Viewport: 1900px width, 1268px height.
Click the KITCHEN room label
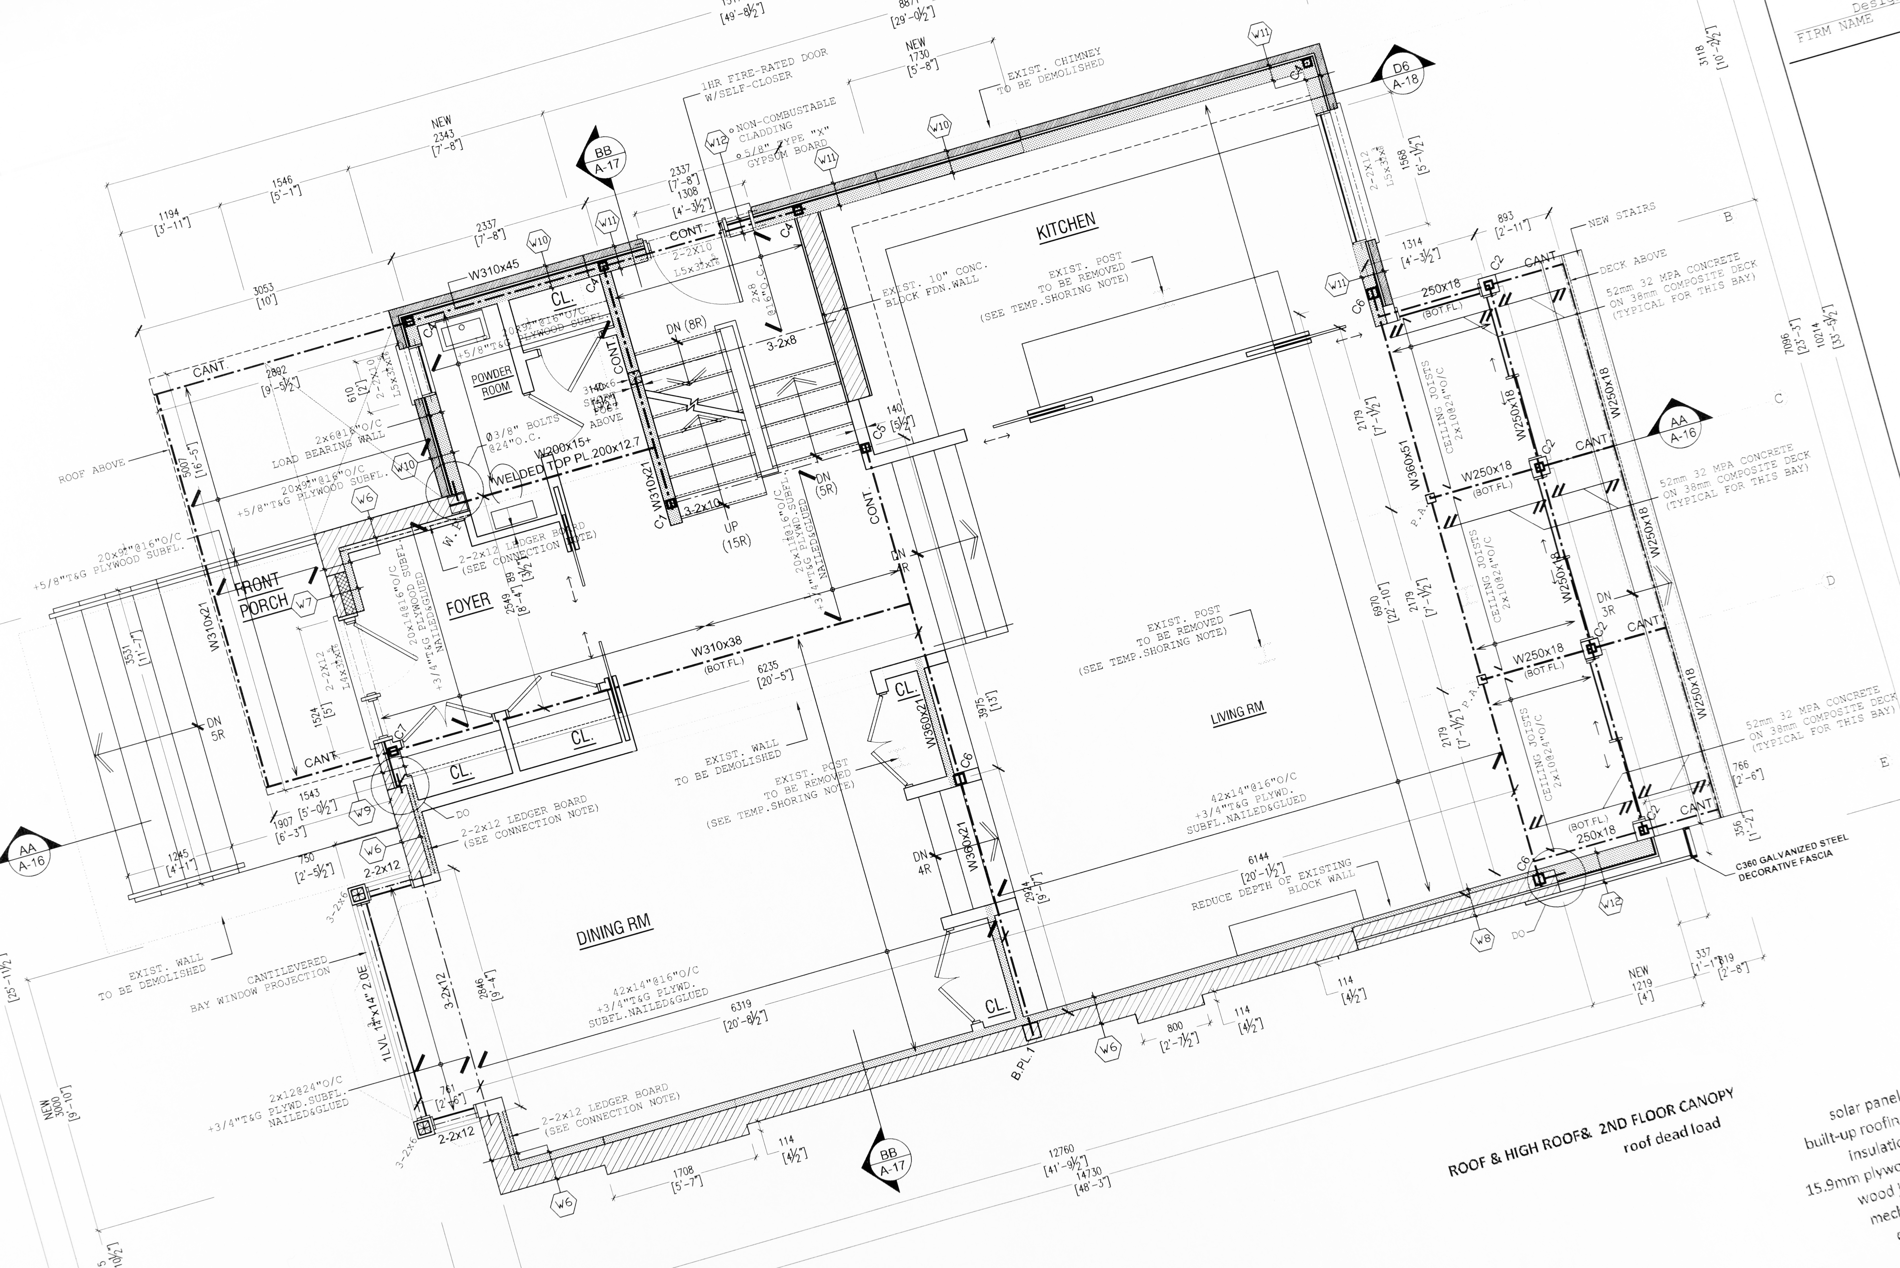[x=1066, y=226]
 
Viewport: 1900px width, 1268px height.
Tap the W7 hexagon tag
[x=304, y=603]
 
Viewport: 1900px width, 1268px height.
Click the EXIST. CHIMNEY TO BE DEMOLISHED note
[x=1051, y=71]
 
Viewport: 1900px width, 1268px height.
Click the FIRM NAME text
[x=1834, y=28]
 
